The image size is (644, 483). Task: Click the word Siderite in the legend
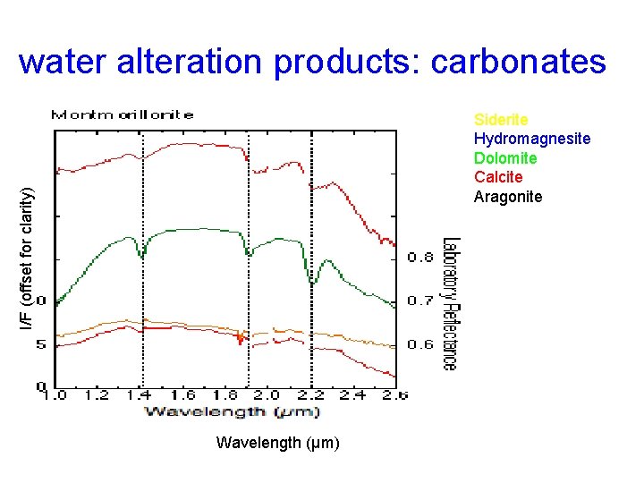tap(501, 120)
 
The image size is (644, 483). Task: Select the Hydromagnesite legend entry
tap(531, 139)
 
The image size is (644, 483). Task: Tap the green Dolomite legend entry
tap(505, 158)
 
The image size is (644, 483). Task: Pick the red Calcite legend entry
tap(498, 177)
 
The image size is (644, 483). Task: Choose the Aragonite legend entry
tap(507, 197)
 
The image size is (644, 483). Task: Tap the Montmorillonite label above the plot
tap(122, 114)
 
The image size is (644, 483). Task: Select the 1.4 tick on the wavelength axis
tap(140, 394)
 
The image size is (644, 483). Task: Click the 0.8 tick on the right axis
tap(421, 258)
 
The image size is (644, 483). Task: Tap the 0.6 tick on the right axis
tap(421, 344)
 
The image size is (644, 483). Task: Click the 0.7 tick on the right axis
tap(421, 301)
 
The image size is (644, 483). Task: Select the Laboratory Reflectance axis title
tap(450, 303)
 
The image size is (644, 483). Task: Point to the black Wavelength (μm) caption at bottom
tap(277, 443)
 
